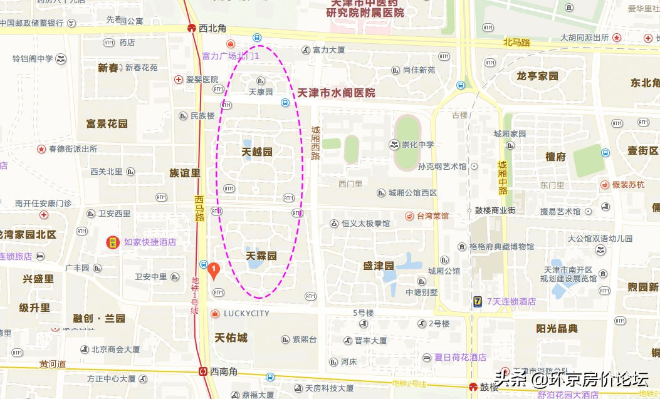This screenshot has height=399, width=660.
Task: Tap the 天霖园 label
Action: [261, 256]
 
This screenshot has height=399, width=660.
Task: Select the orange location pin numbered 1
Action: [214, 270]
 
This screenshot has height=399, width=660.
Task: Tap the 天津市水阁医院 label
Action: [336, 93]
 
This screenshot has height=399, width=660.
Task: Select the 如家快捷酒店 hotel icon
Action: [113, 242]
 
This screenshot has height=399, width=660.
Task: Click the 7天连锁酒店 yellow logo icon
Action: [478, 302]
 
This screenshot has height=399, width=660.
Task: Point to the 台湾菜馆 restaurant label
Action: [433, 215]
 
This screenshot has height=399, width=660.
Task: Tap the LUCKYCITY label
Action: [246, 313]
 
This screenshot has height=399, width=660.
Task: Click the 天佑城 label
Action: [231, 338]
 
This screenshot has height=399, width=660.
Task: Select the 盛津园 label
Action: [378, 266]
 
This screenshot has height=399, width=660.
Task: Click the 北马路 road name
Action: [516, 43]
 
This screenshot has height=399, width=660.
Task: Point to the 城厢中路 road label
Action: [502, 178]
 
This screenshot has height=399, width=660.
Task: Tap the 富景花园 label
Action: [107, 123]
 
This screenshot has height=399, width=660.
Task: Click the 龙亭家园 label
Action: [537, 76]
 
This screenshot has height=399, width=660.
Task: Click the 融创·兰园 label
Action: [99, 318]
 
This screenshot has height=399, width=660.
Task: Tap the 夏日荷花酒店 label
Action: [460, 357]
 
